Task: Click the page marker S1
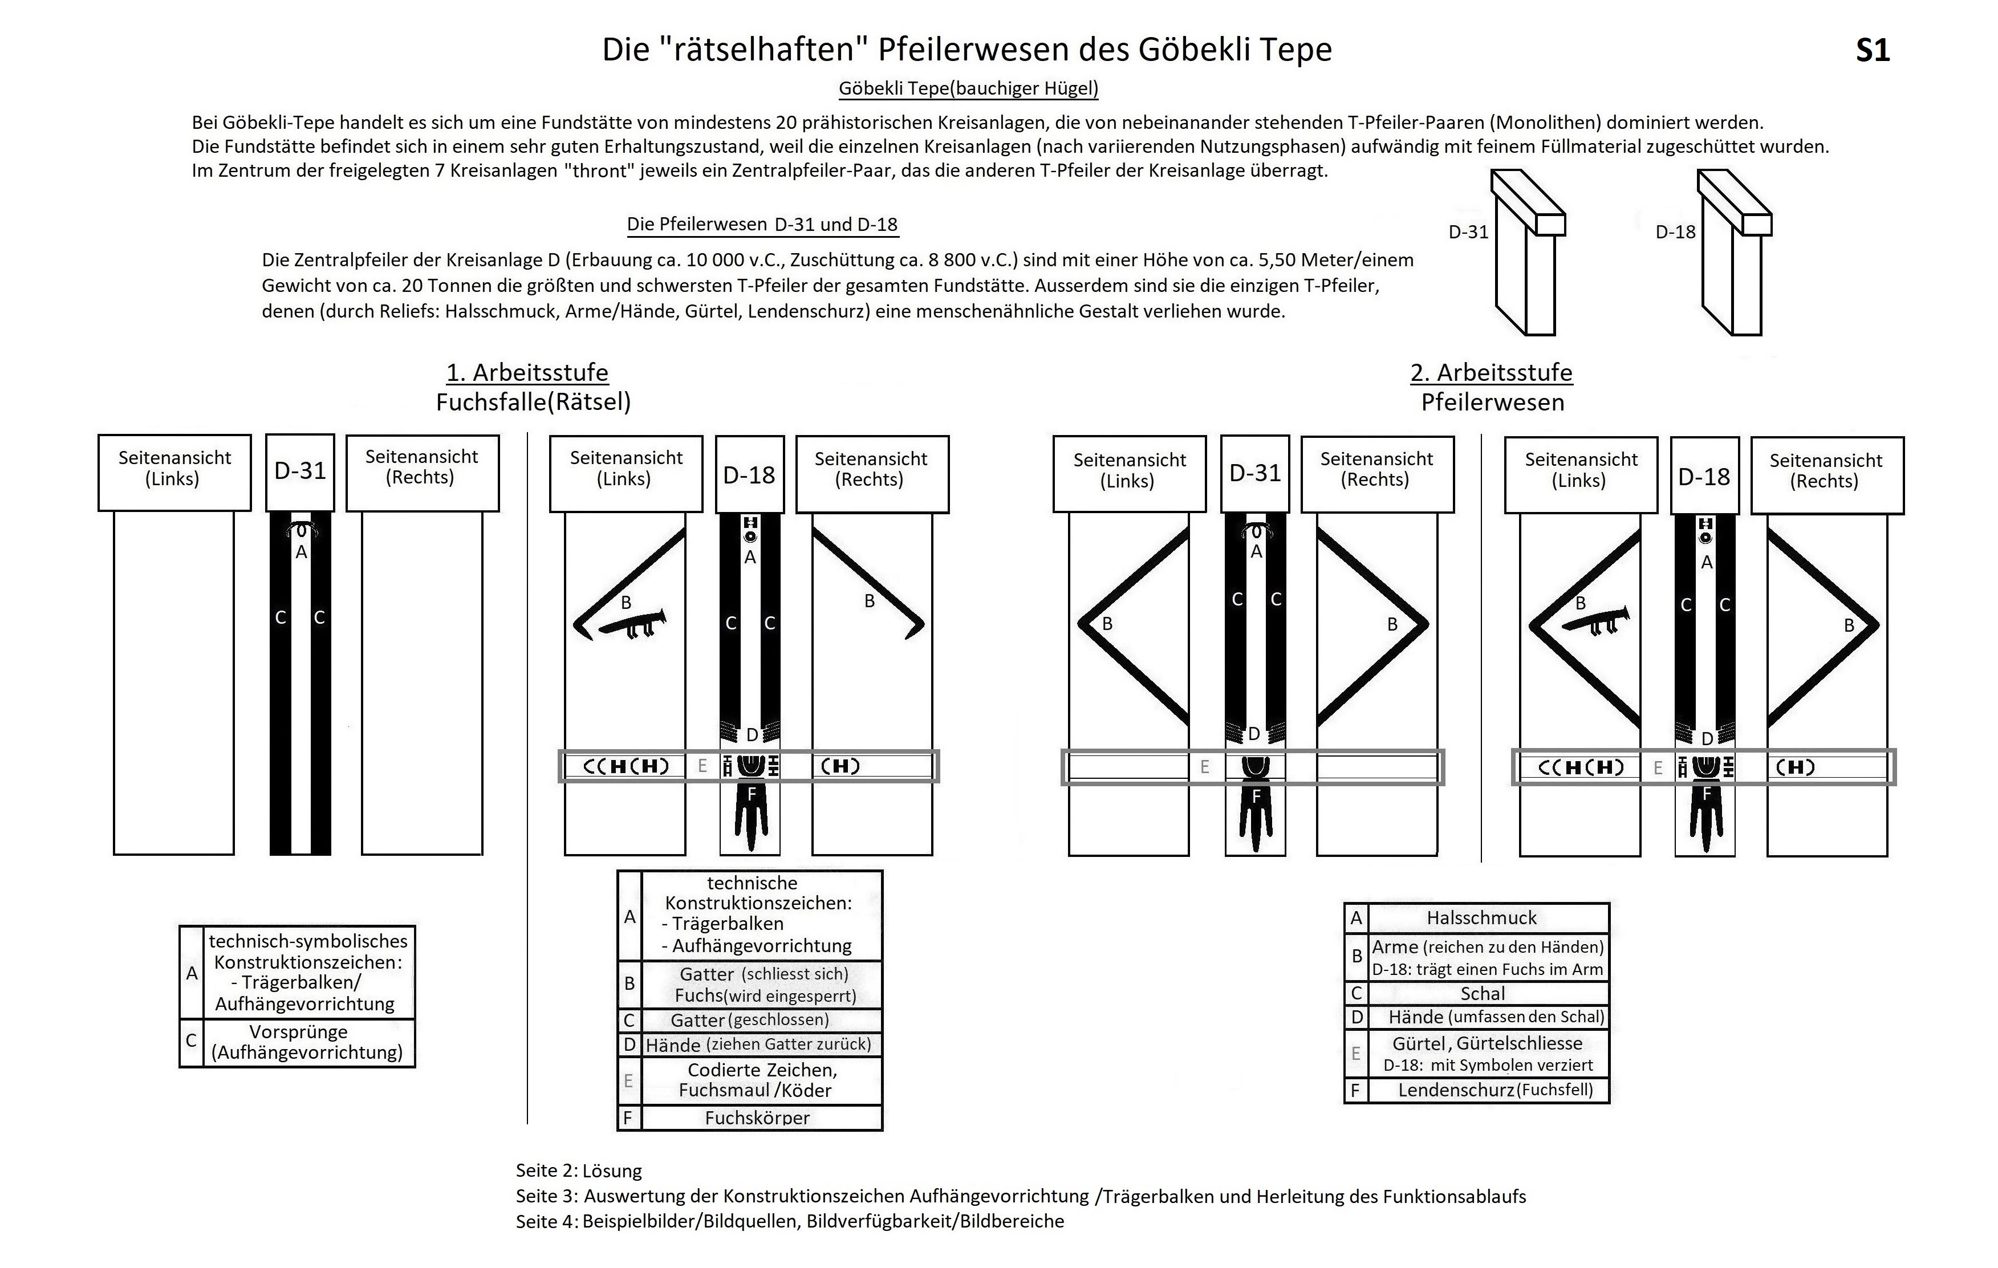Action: point(1872,51)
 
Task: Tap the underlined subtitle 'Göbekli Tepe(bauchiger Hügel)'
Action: point(968,88)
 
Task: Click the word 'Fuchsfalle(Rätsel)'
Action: point(534,403)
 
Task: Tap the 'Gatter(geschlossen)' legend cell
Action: point(761,1020)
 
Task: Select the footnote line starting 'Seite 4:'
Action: point(789,1221)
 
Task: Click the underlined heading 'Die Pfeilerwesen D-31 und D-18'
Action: point(762,224)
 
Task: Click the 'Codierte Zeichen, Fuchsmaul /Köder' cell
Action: point(761,1080)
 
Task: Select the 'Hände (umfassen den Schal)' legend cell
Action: point(1487,1017)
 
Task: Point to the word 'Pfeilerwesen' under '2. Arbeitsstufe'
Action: point(1492,403)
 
